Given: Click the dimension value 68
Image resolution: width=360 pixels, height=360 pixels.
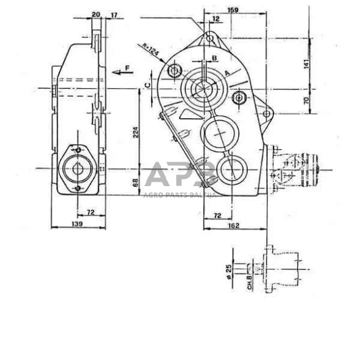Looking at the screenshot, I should pos(135,181).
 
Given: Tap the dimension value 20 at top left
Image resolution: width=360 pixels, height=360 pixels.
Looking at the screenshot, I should pos(96,15).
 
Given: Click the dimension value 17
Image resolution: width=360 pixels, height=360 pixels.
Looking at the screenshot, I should pos(114,15).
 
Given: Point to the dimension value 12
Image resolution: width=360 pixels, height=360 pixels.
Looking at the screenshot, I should pos(215,19).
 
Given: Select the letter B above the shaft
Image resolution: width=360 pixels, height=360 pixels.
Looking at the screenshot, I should pos(214,57).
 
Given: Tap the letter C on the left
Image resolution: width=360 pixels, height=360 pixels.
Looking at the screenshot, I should pos(148,83).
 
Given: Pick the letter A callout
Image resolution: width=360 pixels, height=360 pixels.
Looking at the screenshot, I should pos(228,72).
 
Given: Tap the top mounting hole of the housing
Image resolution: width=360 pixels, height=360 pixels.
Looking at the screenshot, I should pos(209,39).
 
